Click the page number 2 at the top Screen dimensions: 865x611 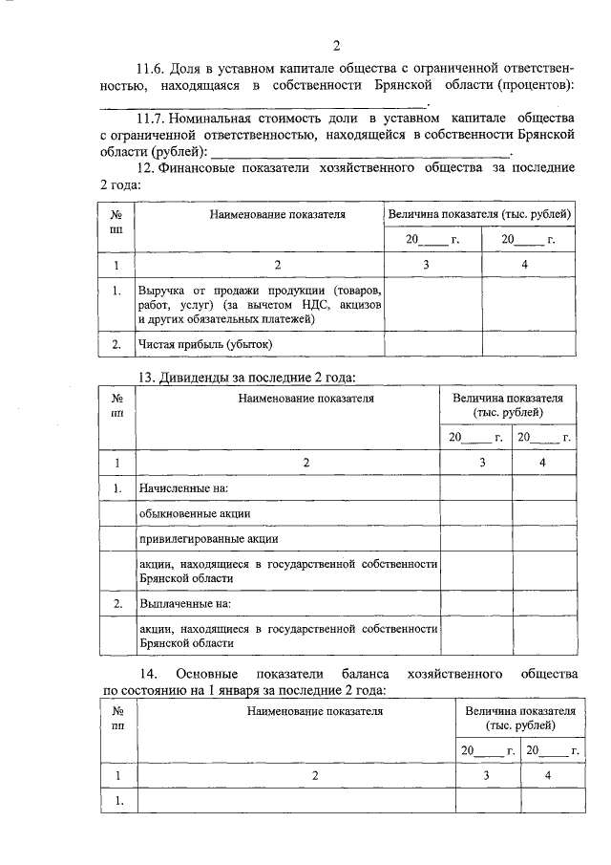(336, 44)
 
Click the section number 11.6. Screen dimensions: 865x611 (152, 69)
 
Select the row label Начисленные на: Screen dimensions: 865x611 (184, 488)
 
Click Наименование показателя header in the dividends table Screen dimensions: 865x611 (306, 396)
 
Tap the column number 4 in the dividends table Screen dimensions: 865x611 (544, 463)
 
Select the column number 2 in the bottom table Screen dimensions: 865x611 (314, 775)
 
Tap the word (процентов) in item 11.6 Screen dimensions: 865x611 (536, 86)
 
